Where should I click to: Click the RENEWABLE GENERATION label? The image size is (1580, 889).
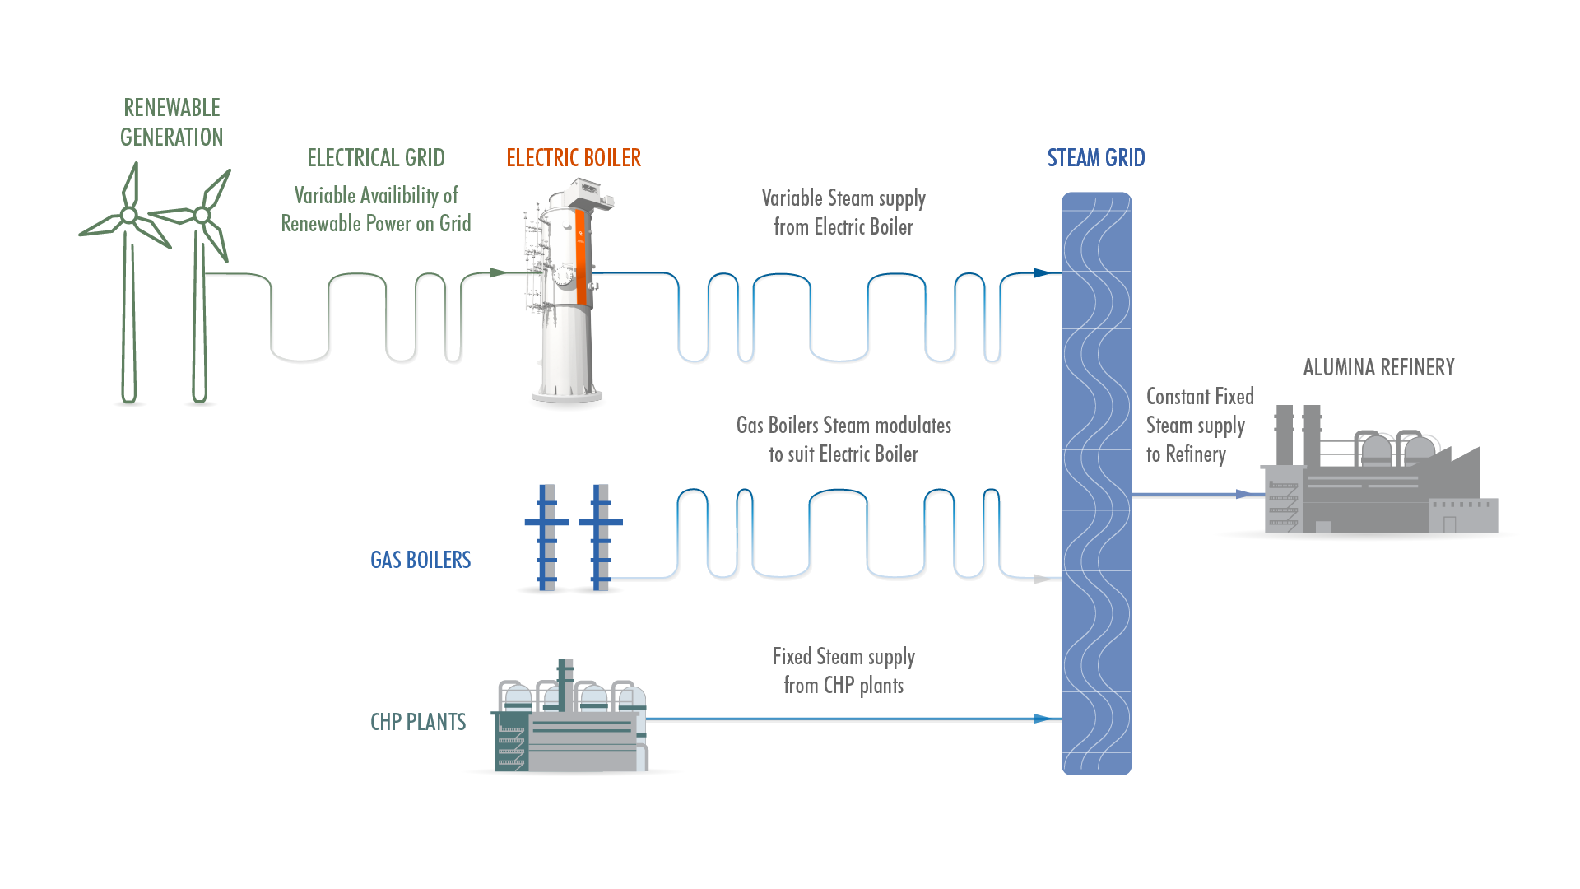click(171, 122)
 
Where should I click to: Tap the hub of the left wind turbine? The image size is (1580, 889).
click(129, 216)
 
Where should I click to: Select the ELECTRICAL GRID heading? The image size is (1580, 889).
click(376, 157)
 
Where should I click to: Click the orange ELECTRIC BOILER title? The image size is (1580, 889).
click(574, 157)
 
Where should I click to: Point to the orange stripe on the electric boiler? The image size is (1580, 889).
click(581, 256)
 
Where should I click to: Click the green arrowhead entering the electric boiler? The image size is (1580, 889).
click(497, 272)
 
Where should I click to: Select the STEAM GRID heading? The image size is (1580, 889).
click(1095, 157)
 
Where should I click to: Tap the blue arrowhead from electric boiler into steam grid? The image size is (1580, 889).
click(1042, 272)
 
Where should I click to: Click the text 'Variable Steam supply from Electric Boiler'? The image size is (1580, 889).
click(843, 212)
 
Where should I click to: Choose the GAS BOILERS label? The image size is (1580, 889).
click(421, 560)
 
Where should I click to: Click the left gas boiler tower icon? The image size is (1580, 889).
click(546, 537)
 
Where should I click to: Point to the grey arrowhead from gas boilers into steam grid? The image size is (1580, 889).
click(1042, 579)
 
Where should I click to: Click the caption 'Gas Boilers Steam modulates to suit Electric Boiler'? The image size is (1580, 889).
click(843, 440)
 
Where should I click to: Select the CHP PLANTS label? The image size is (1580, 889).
click(418, 722)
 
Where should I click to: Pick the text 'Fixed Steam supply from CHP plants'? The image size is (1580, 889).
click(843, 671)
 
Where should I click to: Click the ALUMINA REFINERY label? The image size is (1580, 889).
click(1378, 367)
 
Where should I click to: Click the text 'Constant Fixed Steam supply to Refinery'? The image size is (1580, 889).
click(1198, 426)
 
